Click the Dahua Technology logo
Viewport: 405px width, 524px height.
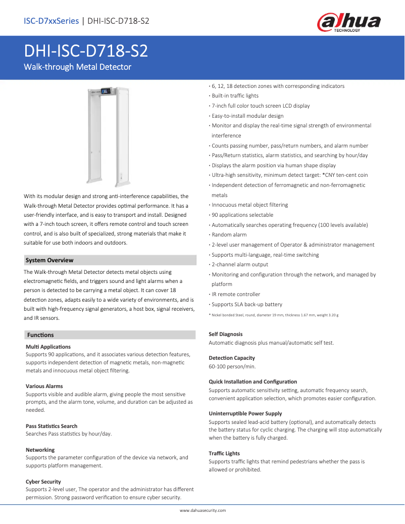point(348,23)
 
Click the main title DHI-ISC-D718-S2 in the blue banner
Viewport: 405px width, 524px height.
point(86,52)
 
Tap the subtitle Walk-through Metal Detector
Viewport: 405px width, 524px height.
point(78,67)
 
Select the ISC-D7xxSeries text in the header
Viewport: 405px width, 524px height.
point(51,21)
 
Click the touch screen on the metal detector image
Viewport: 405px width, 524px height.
point(106,91)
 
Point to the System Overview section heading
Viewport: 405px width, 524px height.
point(49,260)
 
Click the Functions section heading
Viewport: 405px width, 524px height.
point(40,335)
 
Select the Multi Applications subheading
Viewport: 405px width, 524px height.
point(48,347)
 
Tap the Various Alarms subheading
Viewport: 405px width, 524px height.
point(44,386)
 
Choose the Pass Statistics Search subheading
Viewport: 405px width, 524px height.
point(52,426)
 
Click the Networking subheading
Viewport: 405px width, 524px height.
point(40,450)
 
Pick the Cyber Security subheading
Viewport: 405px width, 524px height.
point(43,482)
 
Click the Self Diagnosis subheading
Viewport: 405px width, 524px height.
point(226,334)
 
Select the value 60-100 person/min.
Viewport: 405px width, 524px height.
point(232,366)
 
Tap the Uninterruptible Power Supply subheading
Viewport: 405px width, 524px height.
point(245,413)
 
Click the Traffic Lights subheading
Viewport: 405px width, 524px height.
point(224,453)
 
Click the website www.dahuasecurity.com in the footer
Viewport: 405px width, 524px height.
point(202,511)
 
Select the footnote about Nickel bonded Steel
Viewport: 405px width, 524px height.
point(274,315)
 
